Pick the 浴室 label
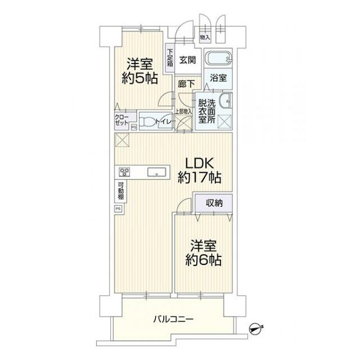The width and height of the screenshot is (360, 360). [x=219, y=79]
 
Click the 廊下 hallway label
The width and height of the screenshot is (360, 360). [x=186, y=84]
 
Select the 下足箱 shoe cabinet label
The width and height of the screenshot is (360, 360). [x=170, y=58]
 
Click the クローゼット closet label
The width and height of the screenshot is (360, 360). [x=122, y=119]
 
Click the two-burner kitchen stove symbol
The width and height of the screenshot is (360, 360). [x=124, y=172]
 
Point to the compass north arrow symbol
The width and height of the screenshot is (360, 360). [x=255, y=326]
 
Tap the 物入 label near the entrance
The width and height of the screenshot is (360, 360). [x=205, y=38]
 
